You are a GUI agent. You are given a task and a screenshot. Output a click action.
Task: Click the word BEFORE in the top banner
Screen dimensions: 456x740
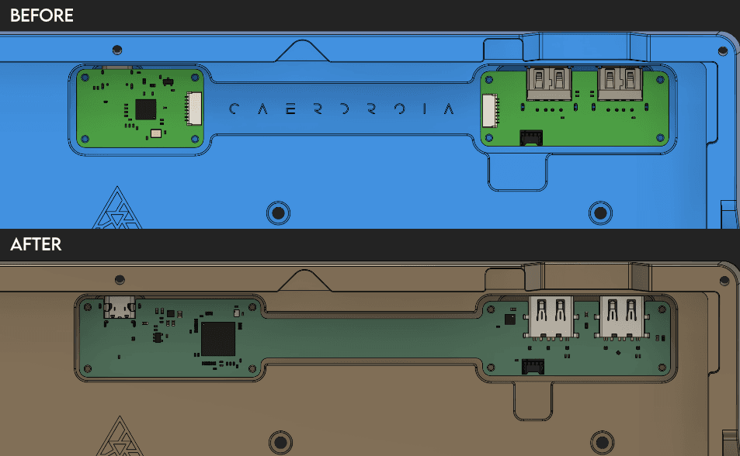pyautogui.click(x=41, y=16)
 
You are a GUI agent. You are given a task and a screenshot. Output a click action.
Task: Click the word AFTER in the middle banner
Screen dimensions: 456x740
pyautogui.click(x=36, y=244)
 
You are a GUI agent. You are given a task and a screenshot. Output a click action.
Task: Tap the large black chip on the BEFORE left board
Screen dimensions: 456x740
pyautogui.click(x=145, y=109)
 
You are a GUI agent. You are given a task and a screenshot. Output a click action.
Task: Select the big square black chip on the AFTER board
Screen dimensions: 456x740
pyautogui.click(x=218, y=339)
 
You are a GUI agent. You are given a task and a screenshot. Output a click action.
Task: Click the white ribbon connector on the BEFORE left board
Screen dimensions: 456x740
pyautogui.click(x=193, y=109)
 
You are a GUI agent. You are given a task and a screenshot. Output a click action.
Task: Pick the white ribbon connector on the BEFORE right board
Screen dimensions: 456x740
pyautogui.click(x=488, y=111)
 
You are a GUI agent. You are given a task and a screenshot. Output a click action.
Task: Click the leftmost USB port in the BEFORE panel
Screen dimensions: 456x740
pyautogui.click(x=549, y=83)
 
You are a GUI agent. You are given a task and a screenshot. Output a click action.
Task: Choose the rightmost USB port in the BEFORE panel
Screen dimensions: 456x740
pyautogui.click(x=619, y=83)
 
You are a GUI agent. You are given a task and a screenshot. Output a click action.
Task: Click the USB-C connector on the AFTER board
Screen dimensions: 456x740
pyautogui.click(x=120, y=308)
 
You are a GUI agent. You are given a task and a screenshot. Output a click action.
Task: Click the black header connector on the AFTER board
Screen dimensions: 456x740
pyautogui.click(x=533, y=366)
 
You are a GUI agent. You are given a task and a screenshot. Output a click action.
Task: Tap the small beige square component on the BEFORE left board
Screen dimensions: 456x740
pyautogui.click(x=156, y=134)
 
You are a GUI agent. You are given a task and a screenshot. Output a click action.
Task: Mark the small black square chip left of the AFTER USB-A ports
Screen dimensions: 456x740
pyautogui.click(x=509, y=319)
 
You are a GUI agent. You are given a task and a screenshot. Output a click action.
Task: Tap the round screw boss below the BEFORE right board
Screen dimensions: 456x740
pyautogui.click(x=599, y=212)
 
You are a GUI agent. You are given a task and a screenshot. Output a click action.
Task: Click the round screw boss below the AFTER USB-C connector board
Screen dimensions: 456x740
pyautogui.click(x=277, y=442)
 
